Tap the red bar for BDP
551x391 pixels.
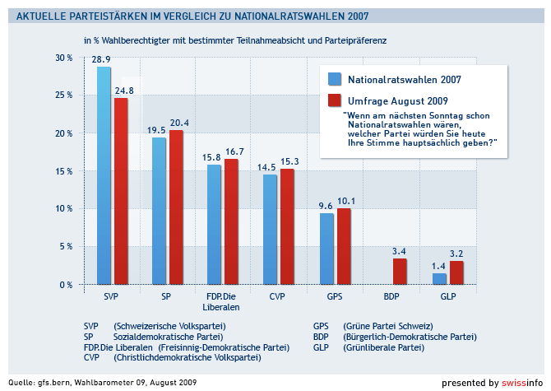[399, 271]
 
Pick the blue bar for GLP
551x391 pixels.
[439, 278]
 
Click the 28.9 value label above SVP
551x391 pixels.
[101, 60]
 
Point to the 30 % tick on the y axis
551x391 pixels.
[63, 58]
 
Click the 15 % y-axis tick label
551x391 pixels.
[63, 171]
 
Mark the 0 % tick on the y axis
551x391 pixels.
[66, 285]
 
